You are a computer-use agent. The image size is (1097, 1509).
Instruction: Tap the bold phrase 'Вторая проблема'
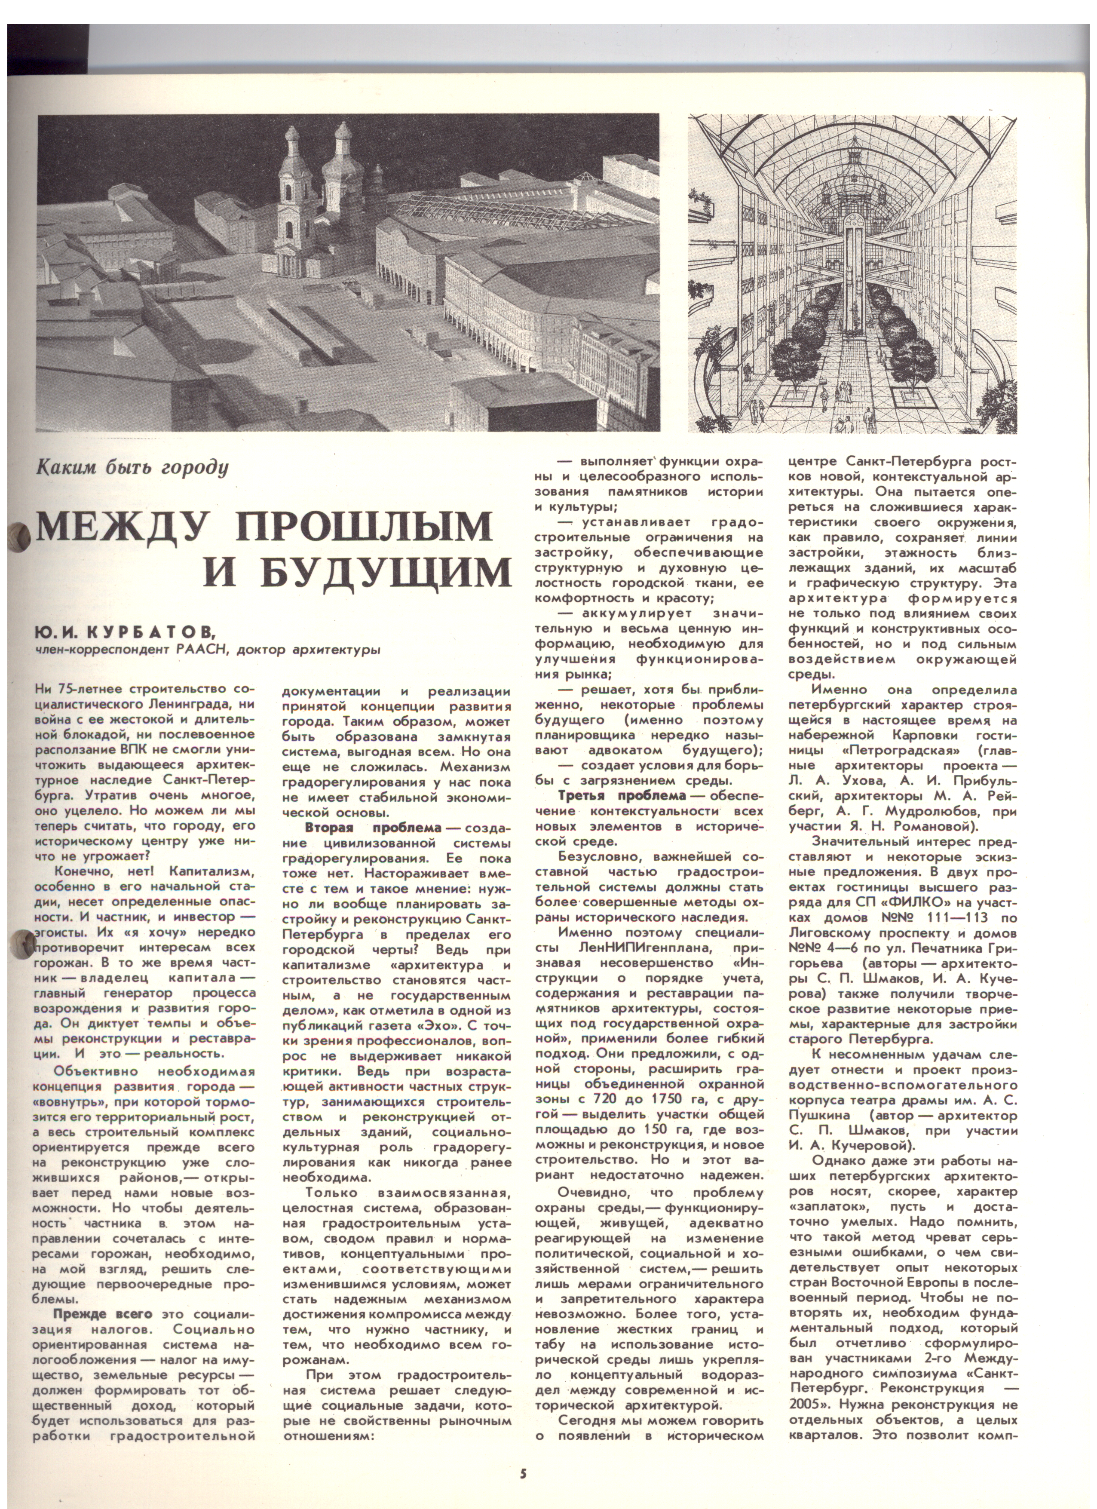pos(373,828)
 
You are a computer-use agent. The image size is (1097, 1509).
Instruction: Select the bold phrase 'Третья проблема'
pos(621,796)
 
